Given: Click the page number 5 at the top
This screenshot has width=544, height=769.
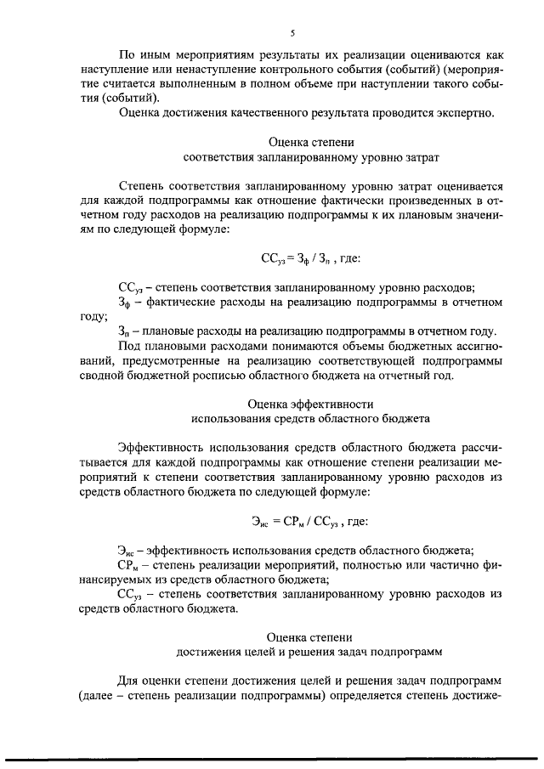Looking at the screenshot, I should pyautogui.click(x=292, y=33).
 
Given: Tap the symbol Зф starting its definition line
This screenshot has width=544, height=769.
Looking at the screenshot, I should pyautogui.click(x=126, y=302).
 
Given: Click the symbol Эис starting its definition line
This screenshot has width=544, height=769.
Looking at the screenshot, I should pyautogui.click(x=127, y=551).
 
